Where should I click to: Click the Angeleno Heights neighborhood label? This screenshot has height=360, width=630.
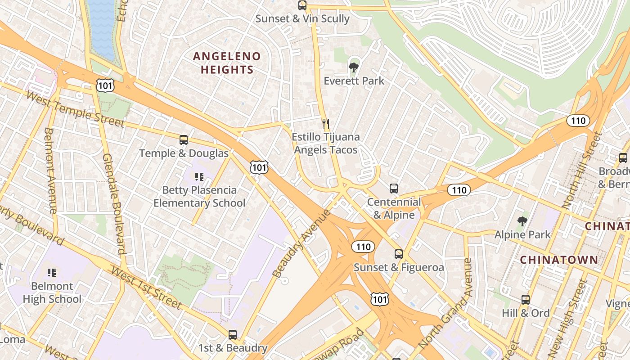tap(227, 63)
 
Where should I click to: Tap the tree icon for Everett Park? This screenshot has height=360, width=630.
tap(354, 68)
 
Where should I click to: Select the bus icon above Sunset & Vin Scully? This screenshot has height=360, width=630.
tap(302, 6)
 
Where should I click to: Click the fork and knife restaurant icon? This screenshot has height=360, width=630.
tap(326, 123)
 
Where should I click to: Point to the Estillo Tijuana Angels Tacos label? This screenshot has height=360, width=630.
tap(326, 143)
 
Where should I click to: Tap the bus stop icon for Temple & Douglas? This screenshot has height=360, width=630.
tap(184, 140)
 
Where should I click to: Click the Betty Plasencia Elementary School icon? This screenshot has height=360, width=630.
tap(199, 177)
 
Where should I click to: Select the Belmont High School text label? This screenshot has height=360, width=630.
tap(52, 292)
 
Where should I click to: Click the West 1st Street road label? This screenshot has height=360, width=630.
tap(146, 288)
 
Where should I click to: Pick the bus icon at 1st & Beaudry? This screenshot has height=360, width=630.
tap(233, 335)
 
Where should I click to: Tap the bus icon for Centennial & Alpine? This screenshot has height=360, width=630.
tap(394, 189)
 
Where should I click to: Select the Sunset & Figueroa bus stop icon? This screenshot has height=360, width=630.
tap(399, 254)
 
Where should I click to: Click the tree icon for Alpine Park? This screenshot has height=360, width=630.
tap(522, 221)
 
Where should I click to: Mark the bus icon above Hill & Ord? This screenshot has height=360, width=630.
tap(526, 300)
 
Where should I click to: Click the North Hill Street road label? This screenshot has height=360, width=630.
tap(582, 170)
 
